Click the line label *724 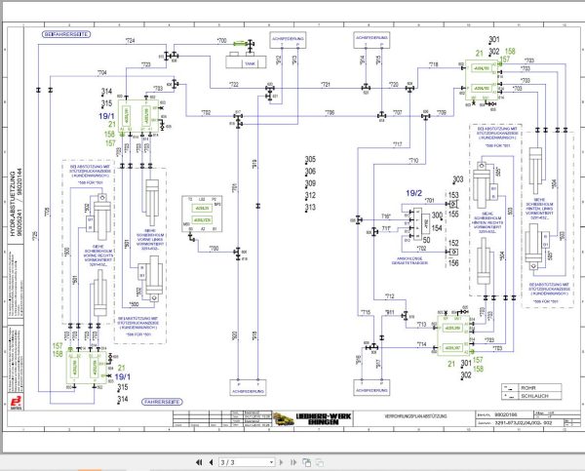click(x=129, y=39)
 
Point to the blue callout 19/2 click(x=415, y=193)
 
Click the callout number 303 click(x=457, y=178)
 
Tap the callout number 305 click(x=310, y=160)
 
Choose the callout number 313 click(x=310, y=207)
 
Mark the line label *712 click(x=389, y=296)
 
